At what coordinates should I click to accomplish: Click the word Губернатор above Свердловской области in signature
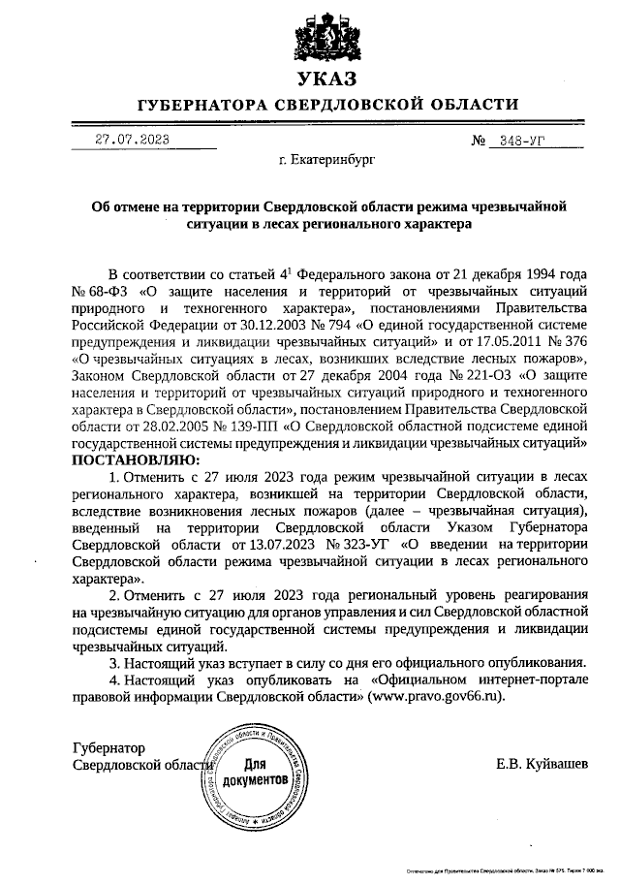(108, 748)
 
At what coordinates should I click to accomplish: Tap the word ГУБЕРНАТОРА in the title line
(201, 105)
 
